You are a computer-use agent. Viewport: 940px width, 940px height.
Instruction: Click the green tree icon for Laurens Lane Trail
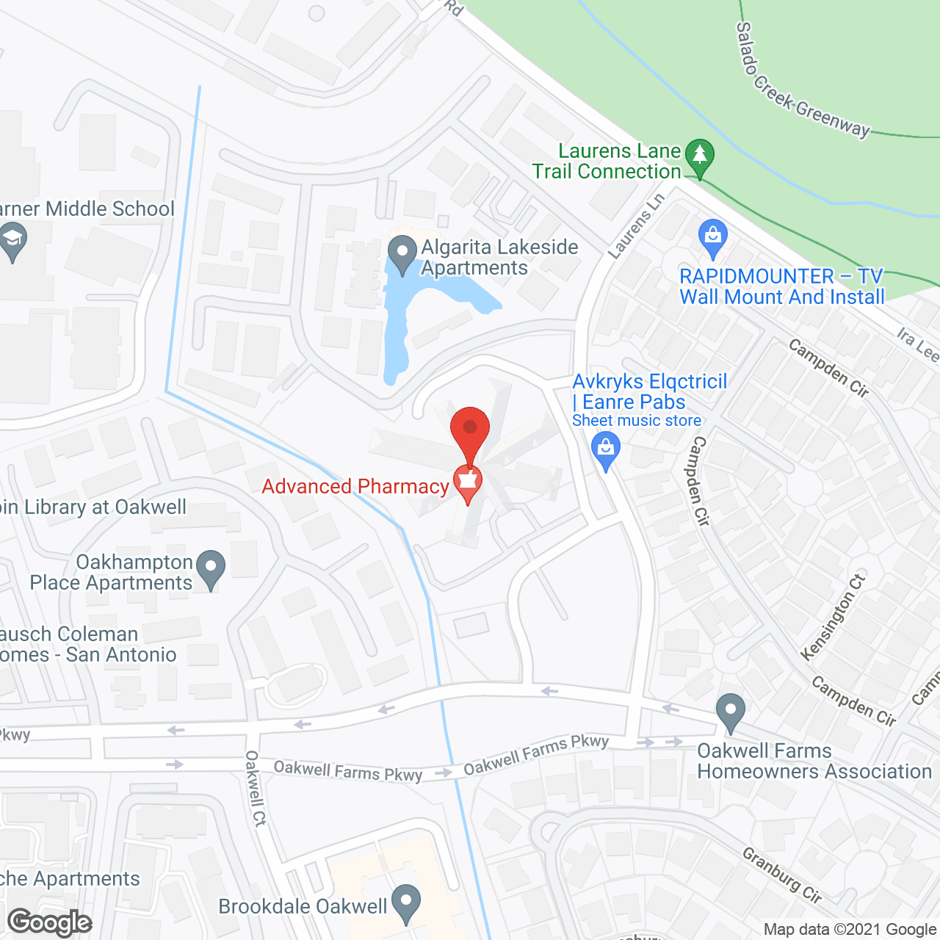pos(699,156)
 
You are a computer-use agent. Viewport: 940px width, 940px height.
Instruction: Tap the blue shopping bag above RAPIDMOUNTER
pos(712,236)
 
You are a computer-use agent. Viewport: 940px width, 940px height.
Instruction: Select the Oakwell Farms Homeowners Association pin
pos(730,712)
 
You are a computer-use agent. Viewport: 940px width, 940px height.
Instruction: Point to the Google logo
pos(50,922)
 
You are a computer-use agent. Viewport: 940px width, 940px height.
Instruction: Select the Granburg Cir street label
pos(781,874)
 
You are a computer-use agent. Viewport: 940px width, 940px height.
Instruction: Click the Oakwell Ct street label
pos(255,788)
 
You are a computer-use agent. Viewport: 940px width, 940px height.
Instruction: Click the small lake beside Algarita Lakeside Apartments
pos(400,323)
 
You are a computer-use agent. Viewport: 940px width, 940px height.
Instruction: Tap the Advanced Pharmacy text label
pos(355,486)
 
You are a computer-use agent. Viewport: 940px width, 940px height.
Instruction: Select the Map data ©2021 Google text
pos(850,930)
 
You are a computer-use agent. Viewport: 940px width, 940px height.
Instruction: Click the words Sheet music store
pos(637,420)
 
